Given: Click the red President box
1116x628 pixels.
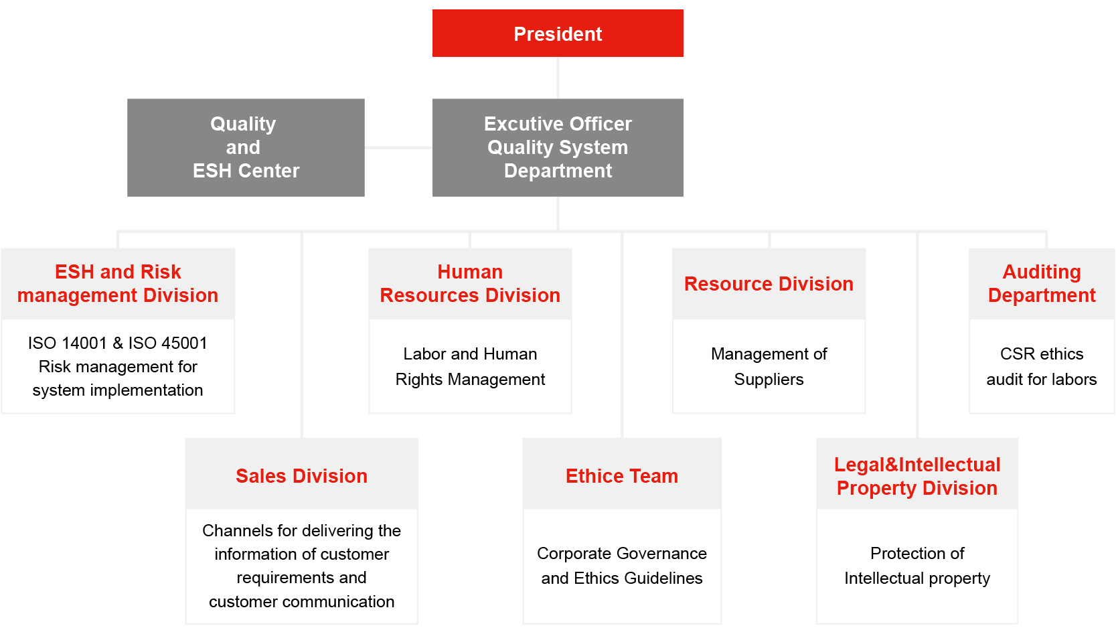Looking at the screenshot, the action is point(558,33).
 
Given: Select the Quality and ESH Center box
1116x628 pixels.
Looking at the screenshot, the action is point(246,147).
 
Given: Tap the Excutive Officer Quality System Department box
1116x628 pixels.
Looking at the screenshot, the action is point(558,147).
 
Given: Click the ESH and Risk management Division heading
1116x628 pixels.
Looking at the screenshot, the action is point(118,284).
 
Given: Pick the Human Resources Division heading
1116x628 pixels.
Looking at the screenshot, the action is point(470,284).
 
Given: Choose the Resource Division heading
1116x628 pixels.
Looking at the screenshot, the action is point(769,284).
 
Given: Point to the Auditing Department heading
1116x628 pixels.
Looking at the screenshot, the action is point(1042,284).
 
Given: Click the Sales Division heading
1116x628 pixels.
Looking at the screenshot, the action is point(301,476).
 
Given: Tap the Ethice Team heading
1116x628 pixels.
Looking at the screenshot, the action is point(622,476).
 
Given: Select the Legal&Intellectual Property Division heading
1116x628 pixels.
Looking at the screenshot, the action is point(917,476).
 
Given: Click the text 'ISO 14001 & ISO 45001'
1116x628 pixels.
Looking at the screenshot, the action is point(118,343).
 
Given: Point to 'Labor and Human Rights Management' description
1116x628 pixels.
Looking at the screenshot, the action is point(470,366).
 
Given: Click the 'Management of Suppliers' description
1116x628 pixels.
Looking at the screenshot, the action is point(769,366).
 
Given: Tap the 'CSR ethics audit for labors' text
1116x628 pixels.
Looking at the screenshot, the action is point(1042,366).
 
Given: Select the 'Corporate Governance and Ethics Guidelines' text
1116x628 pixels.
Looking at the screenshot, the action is point(622,566).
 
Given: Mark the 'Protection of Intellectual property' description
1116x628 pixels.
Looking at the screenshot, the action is point(917,566).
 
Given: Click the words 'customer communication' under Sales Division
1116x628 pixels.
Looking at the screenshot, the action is point(301,602).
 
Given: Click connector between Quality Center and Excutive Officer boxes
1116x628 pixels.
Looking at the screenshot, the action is point(398,147).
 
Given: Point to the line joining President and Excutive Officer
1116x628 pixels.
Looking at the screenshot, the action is point(558,78).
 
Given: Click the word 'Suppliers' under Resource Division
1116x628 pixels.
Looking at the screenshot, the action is point(769,380).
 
